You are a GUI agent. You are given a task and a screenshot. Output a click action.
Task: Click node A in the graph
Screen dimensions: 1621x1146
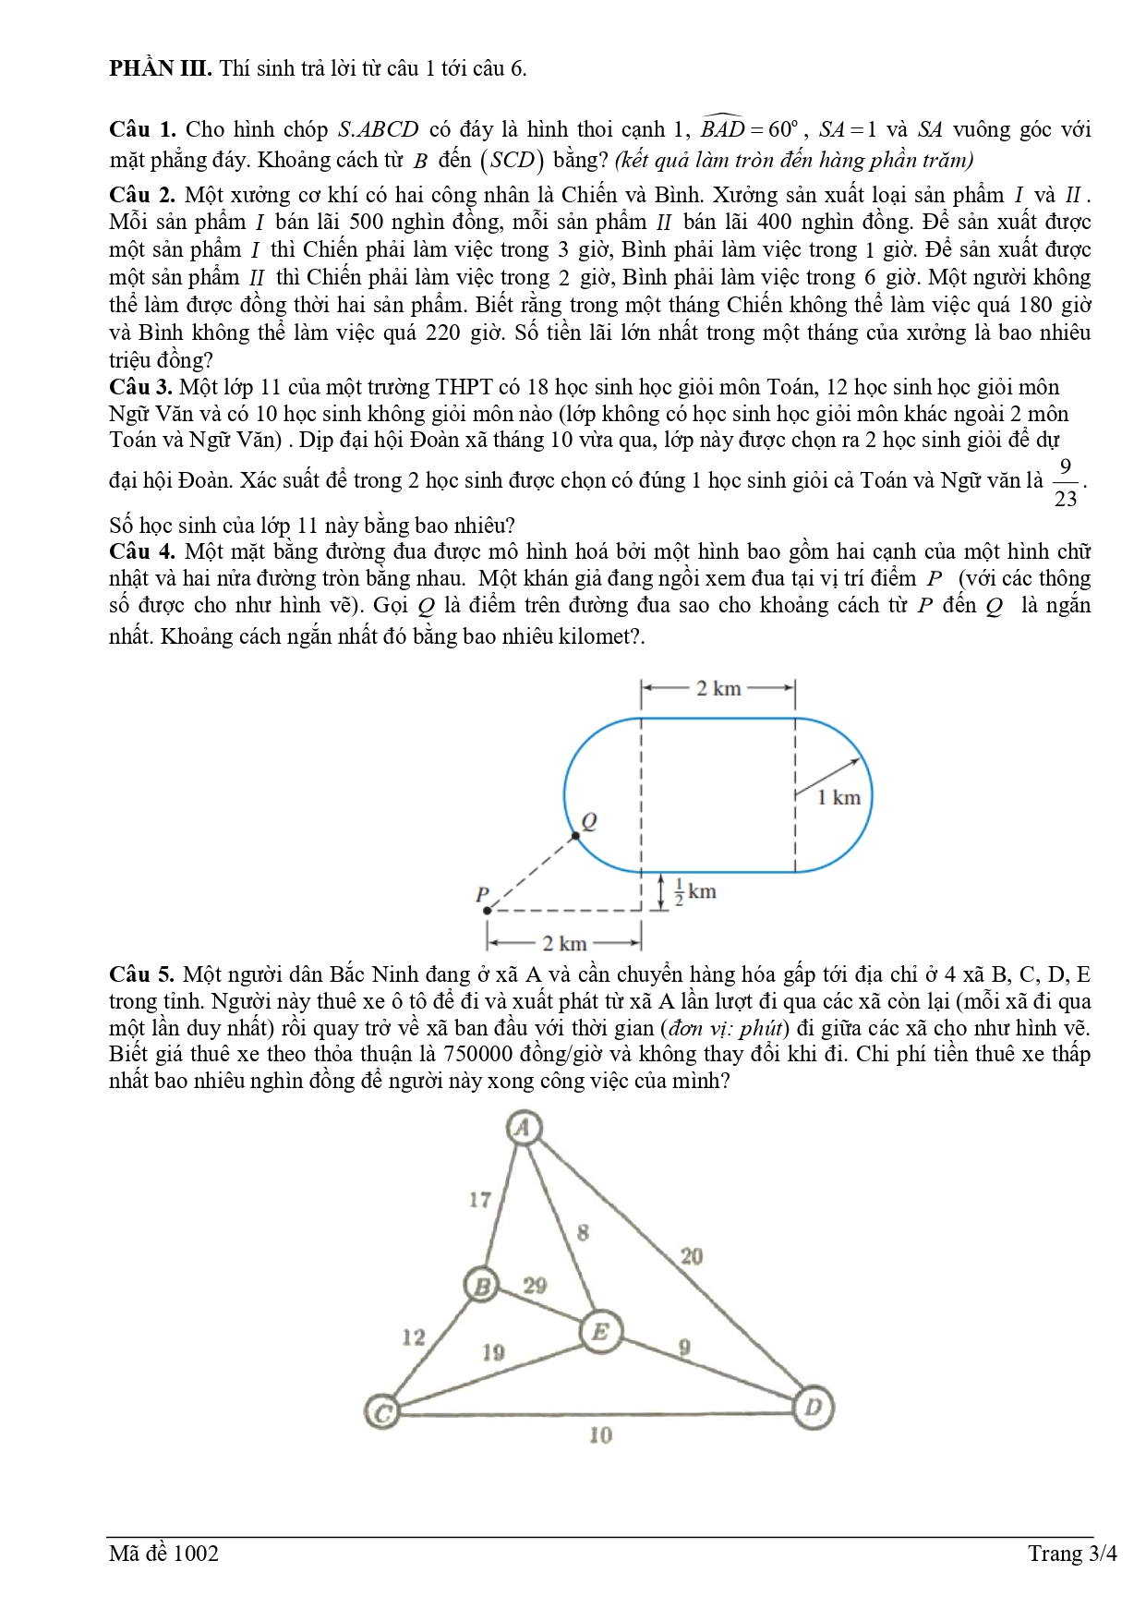[x=524, y=1128]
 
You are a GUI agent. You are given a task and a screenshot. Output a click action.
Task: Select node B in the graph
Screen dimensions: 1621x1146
[x=481, y=1285]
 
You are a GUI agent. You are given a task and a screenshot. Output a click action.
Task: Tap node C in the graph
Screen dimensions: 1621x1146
[x=382, y=1412]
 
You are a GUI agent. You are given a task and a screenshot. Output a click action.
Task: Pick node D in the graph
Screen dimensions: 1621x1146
[x=814, y=1408]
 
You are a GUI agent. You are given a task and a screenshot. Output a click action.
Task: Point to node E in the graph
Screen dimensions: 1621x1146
[x=600, y=1332]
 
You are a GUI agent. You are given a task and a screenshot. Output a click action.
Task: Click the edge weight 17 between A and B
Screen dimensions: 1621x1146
[x=479, y=1200]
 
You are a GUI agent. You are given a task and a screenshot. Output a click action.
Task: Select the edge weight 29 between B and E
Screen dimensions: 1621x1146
[x=535, y=1285]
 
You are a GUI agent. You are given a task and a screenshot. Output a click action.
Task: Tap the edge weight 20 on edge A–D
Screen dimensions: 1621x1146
[x=692, y=1256]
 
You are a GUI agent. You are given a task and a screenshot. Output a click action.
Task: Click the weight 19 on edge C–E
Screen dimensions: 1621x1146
[x=493, y=1352]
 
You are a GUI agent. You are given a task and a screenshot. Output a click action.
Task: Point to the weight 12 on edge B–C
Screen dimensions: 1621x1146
[x=414, y=1337]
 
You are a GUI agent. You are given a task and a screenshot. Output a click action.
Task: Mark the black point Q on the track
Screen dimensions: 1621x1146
[x=575, y=836]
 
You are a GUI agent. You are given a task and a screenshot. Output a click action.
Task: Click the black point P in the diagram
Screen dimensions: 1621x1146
[x=488, y=910]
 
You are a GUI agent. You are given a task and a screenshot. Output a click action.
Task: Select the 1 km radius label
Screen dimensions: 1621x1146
[x=838, y=797]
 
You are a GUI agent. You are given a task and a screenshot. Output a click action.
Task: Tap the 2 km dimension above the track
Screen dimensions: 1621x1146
[x=718, y=688]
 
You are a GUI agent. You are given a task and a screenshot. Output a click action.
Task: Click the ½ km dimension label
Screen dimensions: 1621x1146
[x=695, y=891]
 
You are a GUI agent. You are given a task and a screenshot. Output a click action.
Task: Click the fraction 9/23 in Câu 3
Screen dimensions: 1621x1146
[x=1065, y=482]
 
